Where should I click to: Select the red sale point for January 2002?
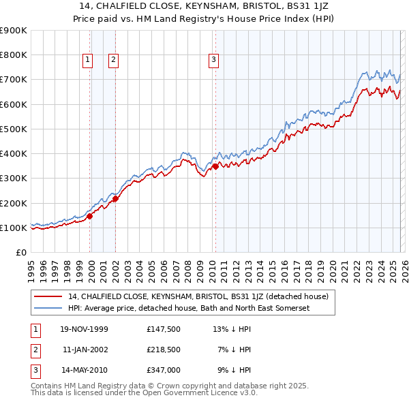coord(115,198)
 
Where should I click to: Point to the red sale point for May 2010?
coord(215,166)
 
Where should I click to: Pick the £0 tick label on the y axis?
coord(20,252)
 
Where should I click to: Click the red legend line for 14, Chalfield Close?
coord(48,296)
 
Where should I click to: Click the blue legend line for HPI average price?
coord(48,309)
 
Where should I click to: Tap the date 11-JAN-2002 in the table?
coord(85,350)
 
